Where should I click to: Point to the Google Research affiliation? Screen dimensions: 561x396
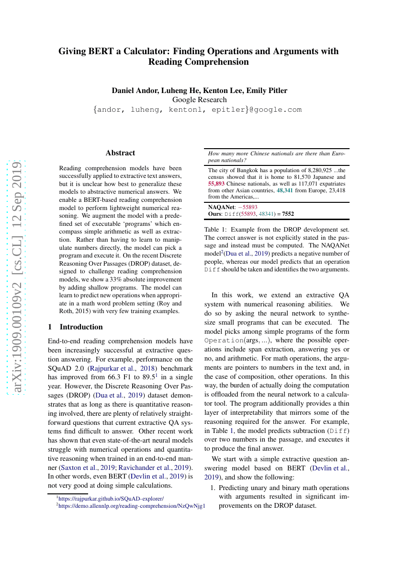[x=199, y=100]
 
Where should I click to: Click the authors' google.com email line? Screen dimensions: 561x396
[x=198, y=110]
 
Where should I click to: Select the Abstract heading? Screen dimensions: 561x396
[x=120, y=153]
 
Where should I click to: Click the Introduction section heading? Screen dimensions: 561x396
[x=81, y=327]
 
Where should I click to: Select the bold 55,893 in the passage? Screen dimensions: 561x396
[x=216, y=184]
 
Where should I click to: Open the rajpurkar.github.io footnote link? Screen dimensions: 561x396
[x=111, y=499]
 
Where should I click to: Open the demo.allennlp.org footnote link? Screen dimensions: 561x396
[x=132, y=506]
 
